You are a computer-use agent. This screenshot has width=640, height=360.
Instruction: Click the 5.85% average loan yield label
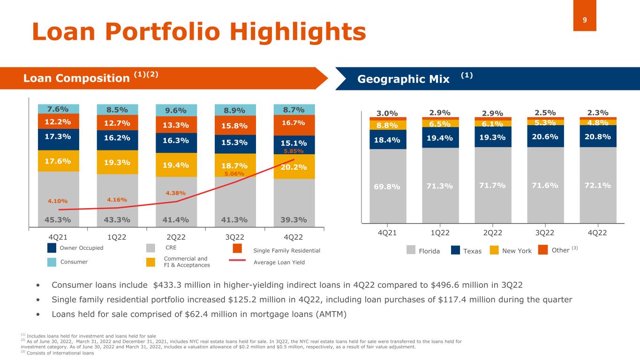click(294, 151)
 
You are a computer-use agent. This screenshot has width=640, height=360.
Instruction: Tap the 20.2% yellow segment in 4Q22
click(294, 167)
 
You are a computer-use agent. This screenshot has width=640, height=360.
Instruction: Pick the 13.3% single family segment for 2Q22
click(176, 125)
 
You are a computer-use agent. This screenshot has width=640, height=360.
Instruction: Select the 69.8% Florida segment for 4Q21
click(387, 186)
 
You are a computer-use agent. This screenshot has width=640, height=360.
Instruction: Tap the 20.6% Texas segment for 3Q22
click(545, 136)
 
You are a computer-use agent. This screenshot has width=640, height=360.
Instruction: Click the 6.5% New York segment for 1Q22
click(440, 123)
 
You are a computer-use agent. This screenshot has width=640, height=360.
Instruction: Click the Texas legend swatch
click(455, 251)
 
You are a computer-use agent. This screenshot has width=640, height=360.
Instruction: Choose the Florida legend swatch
click(411, 251)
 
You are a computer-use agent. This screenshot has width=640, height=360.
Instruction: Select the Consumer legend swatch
click(52, 262)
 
